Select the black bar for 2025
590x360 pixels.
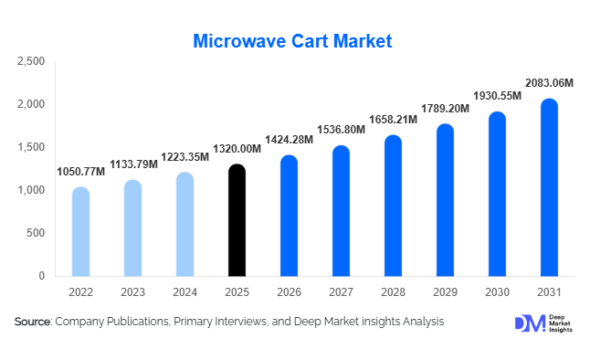(x=237, y=220)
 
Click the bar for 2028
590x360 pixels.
(x=393, y=206)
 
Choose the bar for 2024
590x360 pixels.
(x=184, y=224)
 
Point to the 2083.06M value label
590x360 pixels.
(x=549, y=83)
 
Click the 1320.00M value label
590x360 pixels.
(x=237, y=149)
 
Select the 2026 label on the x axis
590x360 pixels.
(x=289, y=291)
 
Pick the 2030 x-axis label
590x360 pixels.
(x=497, y=291)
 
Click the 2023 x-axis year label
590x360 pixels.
(x=132, y=291)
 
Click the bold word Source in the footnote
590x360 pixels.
(x=32, y=322)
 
